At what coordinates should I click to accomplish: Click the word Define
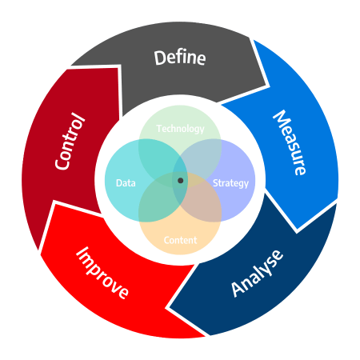coord(180,58)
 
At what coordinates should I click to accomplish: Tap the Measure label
coord(290,142)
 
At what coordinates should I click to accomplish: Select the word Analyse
coord(257,274)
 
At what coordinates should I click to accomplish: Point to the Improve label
coord(102,273)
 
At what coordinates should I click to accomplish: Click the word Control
coord(70,141)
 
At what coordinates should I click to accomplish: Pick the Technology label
coord(180,129)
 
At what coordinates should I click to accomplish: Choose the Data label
coord(126,183)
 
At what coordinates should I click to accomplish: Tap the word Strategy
coord(230,183)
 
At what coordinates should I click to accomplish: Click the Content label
coord(180,240)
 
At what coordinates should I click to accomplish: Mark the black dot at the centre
coord(181,181)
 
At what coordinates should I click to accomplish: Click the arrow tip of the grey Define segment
coord(269,86)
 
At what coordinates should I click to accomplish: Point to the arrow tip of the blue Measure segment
coord(297,231)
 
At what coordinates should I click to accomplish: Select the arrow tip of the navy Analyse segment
coord(167,308)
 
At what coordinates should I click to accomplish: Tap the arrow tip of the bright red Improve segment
coord(54,202)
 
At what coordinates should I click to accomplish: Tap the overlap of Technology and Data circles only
coord(158,158)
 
